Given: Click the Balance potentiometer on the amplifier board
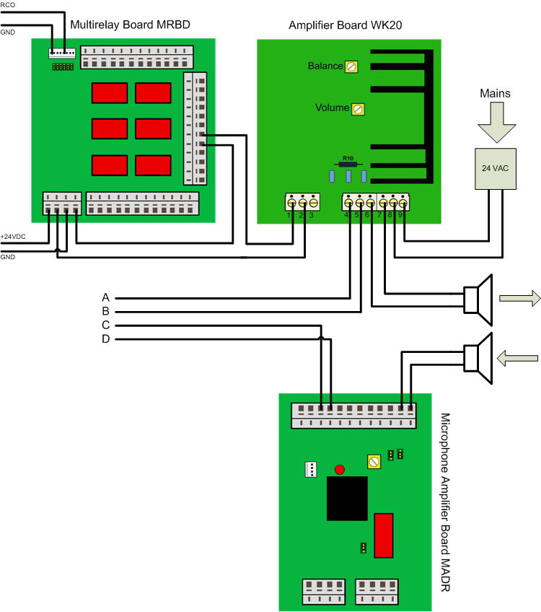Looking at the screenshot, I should click(351, 66).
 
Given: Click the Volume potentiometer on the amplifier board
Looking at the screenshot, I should click(357, 109).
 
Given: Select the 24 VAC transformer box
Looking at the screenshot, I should click(495, 169).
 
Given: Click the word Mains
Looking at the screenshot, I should click(495, 93).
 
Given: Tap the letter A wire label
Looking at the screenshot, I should click(105, 297).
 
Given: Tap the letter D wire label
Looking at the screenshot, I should click(105, 339).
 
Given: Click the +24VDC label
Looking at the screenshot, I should click(12, 237).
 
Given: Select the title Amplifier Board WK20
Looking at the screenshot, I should click(345, 25).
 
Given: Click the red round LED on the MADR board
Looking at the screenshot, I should click(340, 470).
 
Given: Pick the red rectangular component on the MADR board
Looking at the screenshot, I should click(383, 535).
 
